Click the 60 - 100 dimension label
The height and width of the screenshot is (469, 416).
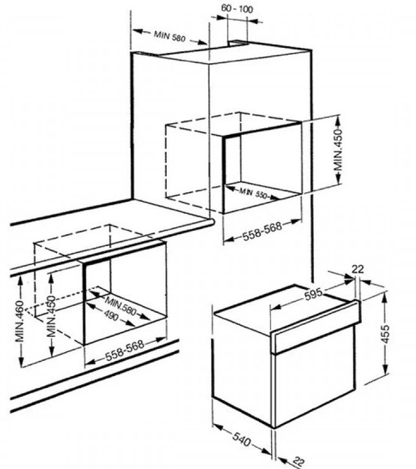coord(237,9)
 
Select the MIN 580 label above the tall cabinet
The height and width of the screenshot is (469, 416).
coord(170,36)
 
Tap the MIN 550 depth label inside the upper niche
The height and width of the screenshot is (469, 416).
coord(253,193)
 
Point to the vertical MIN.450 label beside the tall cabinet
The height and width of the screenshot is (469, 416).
coord(338,149)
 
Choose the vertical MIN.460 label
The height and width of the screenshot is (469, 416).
coord(20,321)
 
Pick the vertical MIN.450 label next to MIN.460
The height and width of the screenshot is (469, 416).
coord(52,316)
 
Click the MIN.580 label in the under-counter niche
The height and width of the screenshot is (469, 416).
coord(120,305)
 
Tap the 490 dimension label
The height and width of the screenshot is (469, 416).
coord(111,315)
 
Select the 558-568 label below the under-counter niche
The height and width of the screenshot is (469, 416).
coord(125,350)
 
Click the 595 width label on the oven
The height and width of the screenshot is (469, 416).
coord(313,294)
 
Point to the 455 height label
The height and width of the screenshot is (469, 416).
coord(386,333)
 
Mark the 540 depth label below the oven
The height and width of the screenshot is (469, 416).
coord(241,440)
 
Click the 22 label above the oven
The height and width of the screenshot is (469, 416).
coord(357,269)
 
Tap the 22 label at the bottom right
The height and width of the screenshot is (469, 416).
coord(298,461)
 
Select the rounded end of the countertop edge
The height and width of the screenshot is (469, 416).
coord(212,222)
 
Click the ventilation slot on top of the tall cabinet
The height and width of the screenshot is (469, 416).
coord(237,44)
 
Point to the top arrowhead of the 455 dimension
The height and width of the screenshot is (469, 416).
coord(385,296)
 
